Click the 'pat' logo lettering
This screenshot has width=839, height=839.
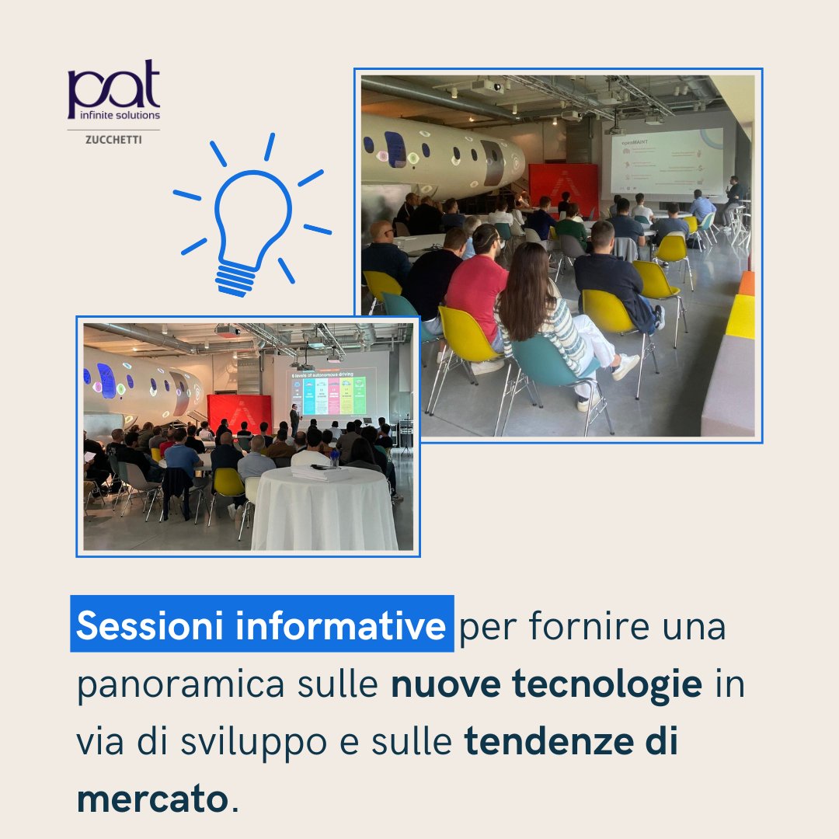pyautogui.click(x=113, y=87)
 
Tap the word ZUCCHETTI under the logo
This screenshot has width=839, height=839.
pyautogui.click(x=113, y=141)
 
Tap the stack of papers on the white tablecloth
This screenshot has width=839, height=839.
pyautogui.click(x=320, y=473)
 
